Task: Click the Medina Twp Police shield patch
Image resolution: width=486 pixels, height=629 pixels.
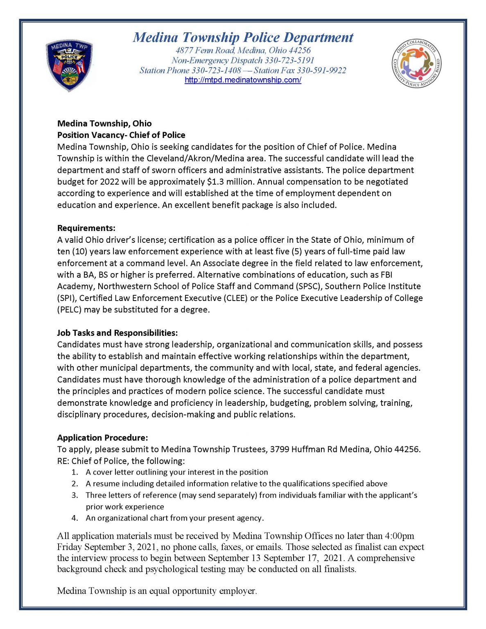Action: [69, 66]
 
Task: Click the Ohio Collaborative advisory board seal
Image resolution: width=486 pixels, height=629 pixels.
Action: [416, 63]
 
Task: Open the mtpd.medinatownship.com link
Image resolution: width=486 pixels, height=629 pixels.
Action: [243, 80]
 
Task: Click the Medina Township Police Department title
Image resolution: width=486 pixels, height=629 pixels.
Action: [243, 38]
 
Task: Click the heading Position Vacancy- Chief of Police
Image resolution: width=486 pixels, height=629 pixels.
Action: [121, 135]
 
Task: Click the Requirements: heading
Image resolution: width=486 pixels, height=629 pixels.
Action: [86, 228]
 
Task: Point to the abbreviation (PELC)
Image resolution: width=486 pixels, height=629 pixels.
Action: [69, 310]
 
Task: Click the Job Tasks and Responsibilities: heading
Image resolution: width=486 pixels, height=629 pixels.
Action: [118, 333]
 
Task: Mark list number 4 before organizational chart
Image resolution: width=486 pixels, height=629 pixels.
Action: [75, 518]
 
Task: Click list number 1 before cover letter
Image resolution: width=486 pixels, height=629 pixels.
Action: [75, 472]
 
